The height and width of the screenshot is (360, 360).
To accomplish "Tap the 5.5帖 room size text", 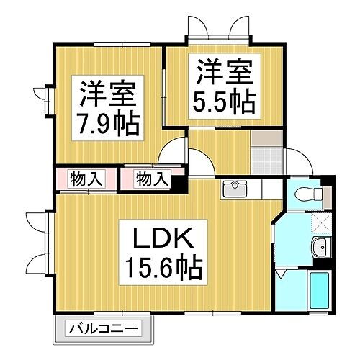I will coord(223,102).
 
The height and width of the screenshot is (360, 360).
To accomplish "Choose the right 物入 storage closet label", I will coord(152,178).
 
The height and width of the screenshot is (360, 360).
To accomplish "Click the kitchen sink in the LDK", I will coord(235,190).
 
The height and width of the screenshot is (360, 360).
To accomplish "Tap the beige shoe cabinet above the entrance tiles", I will coord(266,136).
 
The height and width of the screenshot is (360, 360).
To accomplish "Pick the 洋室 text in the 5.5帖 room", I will coord(223,73).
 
